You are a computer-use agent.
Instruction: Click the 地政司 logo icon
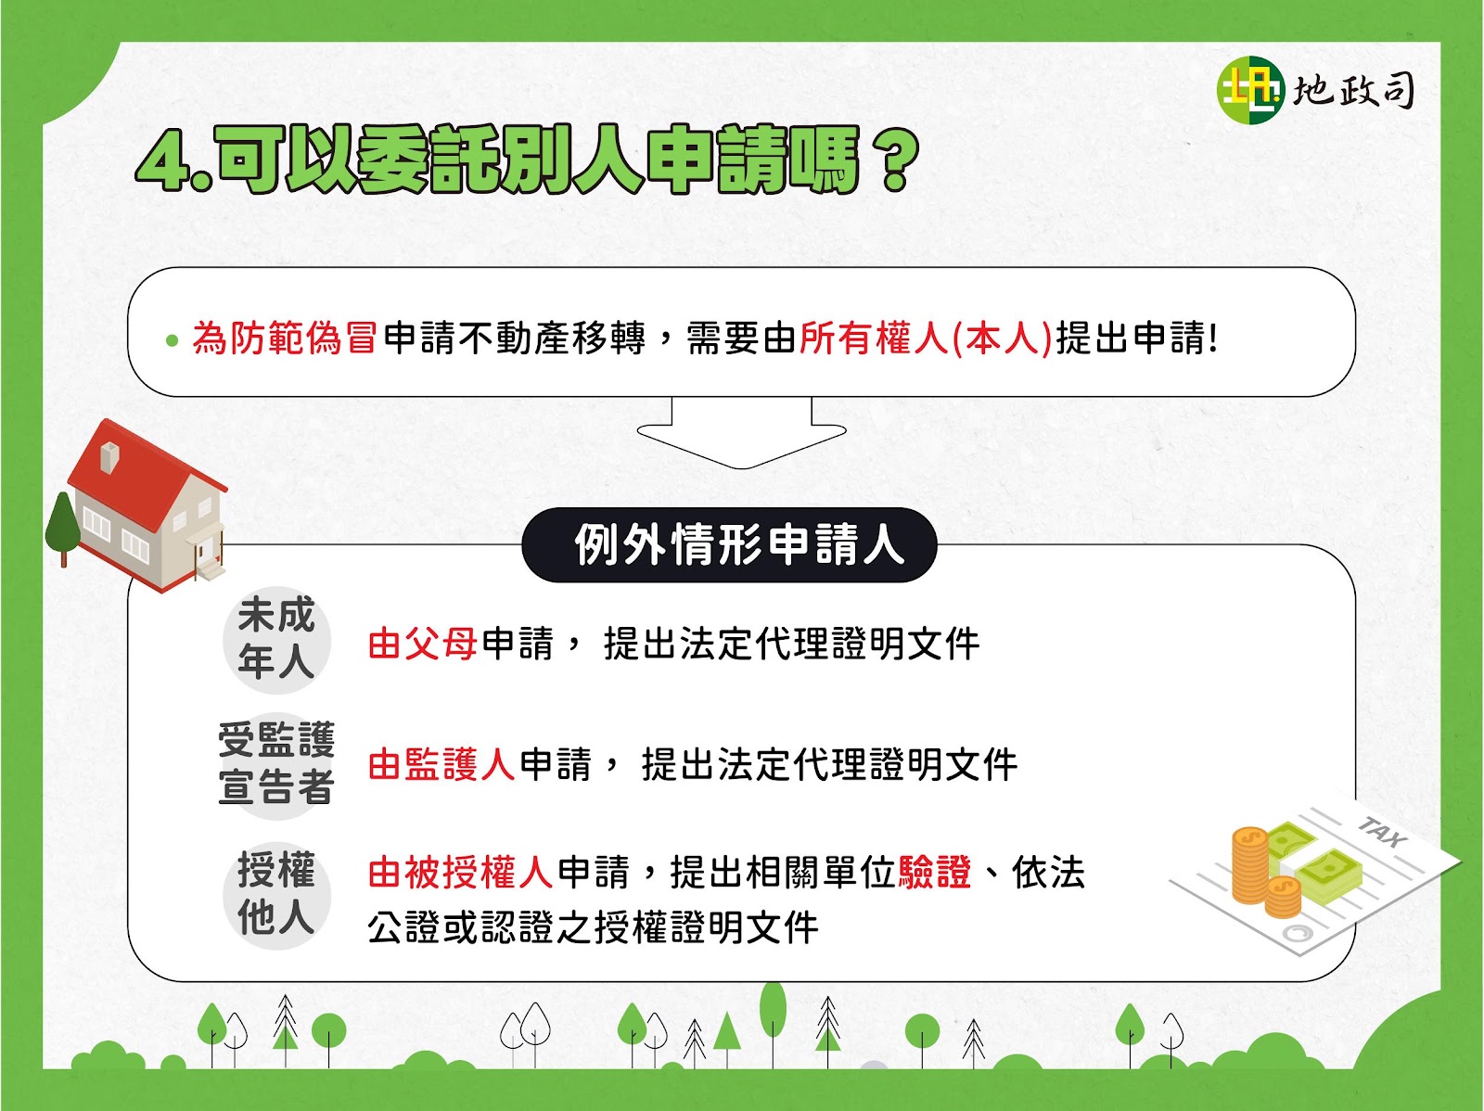pos(1250,90)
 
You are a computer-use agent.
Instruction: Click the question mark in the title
pos(892,160)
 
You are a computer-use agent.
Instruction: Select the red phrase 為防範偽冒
pos(284,338)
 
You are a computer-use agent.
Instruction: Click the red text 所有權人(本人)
pos(926,338)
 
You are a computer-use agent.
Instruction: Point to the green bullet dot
pos(173,340)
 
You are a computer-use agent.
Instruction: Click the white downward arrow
pos(742,433)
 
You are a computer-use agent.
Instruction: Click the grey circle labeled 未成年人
pos(276,639)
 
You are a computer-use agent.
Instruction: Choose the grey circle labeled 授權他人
pos(276,895)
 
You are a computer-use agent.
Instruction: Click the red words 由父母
pos(423,643)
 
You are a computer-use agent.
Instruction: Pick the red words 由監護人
pos(441,764)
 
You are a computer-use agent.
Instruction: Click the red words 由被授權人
pos(460,873)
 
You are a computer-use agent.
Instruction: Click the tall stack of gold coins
pos(1250,865)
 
